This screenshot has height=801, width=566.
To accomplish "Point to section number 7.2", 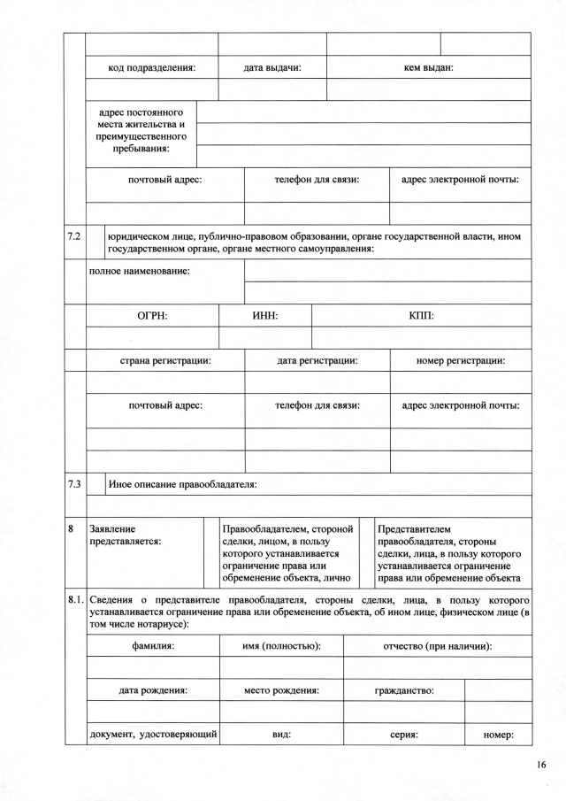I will coord(74,237).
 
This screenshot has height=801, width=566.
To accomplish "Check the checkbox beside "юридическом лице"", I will coord(96,243).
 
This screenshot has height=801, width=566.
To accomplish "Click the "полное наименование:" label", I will coord(140,270).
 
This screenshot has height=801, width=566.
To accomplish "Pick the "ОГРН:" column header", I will coord(152,315).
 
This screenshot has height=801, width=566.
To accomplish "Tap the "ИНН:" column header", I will coord(266,315).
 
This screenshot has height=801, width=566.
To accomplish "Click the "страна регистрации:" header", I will coord(165,360).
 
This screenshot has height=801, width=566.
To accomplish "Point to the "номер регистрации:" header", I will coord(460,360).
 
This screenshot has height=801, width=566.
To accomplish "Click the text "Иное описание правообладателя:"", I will coord(181,484).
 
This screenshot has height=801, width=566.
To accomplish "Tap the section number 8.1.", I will coord(76,600).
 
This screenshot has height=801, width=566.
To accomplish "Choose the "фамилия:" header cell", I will coord(153,646).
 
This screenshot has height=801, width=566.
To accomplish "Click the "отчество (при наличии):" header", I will coord(437,646).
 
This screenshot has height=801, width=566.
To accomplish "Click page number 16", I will coord(540,766).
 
